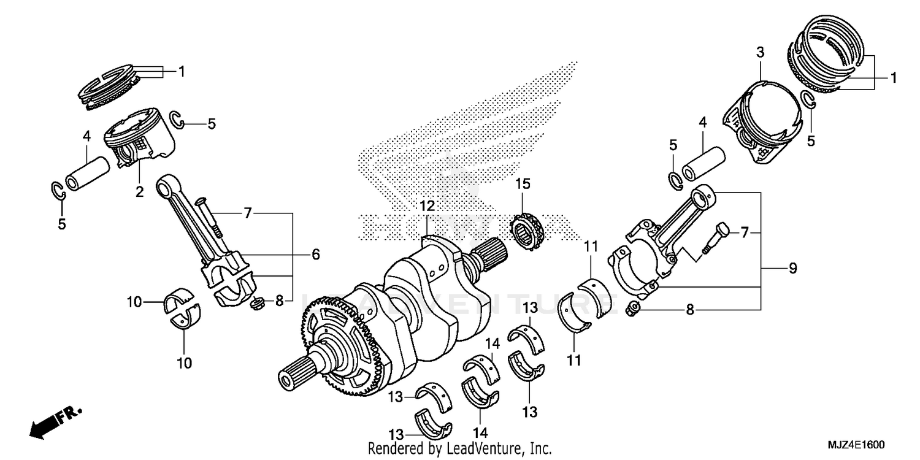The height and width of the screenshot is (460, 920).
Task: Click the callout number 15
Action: click(x=522, y=183)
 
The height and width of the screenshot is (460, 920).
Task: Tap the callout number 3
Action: click(x=760, y=53)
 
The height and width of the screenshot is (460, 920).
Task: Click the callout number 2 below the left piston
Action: click(x=139, y=191)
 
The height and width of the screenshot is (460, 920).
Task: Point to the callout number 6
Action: click(x=315, y=254)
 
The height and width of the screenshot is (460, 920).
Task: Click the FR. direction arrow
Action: click(x=49, y=422)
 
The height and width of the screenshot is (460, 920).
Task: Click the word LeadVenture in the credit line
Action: click(x=484, y=448)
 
